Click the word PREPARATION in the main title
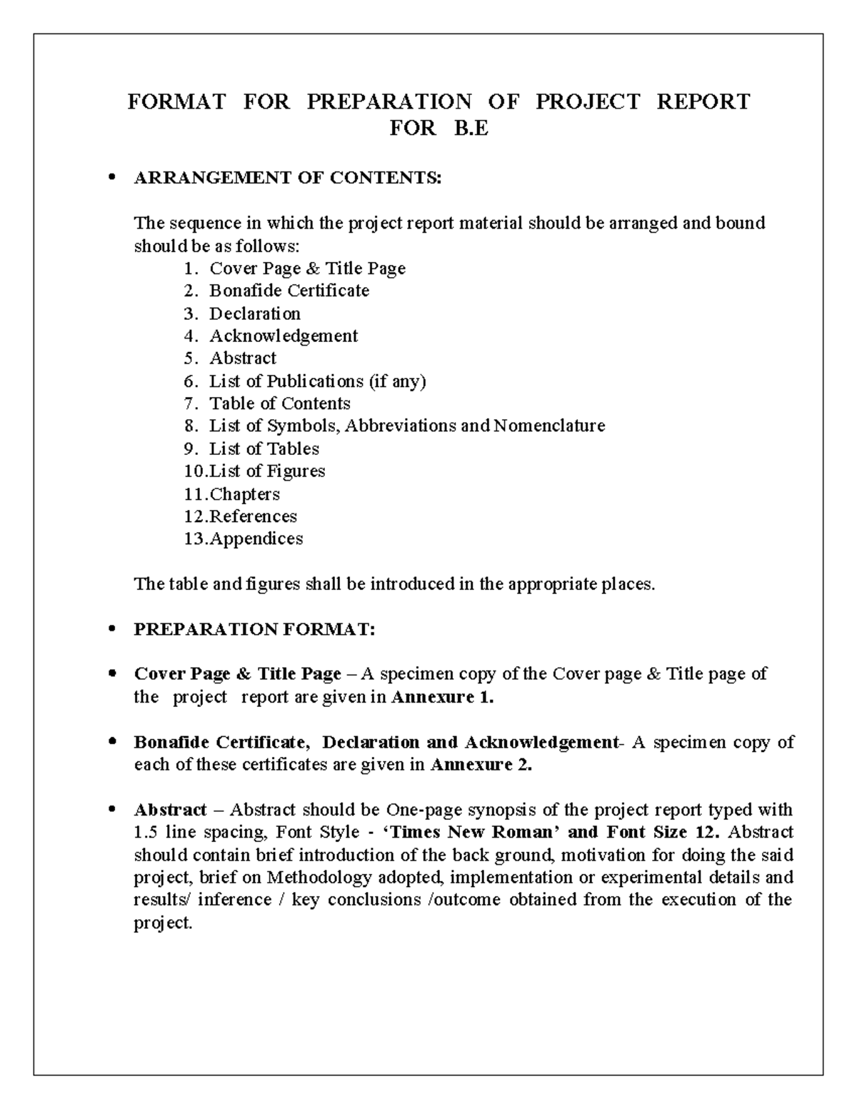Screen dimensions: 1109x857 [389, 101]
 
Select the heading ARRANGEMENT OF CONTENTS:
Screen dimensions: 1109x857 [288, 178]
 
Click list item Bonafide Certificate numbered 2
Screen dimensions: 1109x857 [289, 291]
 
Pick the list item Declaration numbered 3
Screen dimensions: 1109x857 [254, 313]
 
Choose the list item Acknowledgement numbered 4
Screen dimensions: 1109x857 [283, 336]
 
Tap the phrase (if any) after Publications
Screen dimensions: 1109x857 [397, 381]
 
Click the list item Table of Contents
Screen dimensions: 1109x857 [279, 403]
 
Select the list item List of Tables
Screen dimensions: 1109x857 [264, 448]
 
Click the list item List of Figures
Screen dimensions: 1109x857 [266, 471]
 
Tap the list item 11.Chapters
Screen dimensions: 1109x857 [244, 494]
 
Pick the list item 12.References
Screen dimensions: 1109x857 [252, 516]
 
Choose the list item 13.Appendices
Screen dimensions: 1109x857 [255, 538]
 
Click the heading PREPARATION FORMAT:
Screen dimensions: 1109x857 [254, 629]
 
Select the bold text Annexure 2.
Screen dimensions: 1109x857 [481, 765]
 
